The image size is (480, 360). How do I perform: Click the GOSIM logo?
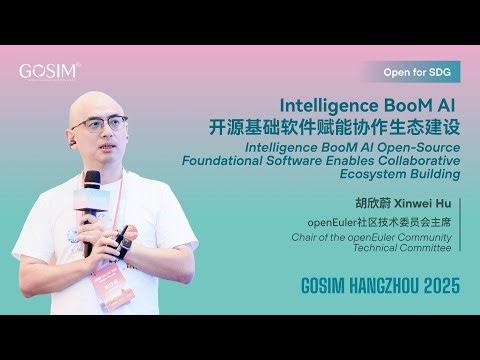coord(49,71)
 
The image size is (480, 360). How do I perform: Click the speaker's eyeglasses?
coord(99,125)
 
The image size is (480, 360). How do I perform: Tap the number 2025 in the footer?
coord(437,286)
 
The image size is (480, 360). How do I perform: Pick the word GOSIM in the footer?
coord(324,286)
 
